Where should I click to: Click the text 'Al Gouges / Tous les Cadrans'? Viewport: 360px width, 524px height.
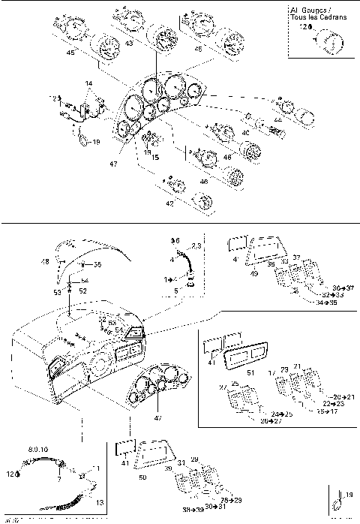click(318, 14)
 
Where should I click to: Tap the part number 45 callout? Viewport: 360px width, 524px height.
click(70, 53)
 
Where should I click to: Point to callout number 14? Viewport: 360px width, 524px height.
click(88, 82)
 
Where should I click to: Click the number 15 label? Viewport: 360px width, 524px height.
click(156, 158)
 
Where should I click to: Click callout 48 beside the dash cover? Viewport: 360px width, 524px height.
click(45, 262)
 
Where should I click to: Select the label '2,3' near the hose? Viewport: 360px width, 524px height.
click(196, 245)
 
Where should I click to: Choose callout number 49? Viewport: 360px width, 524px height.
click(253, 275)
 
